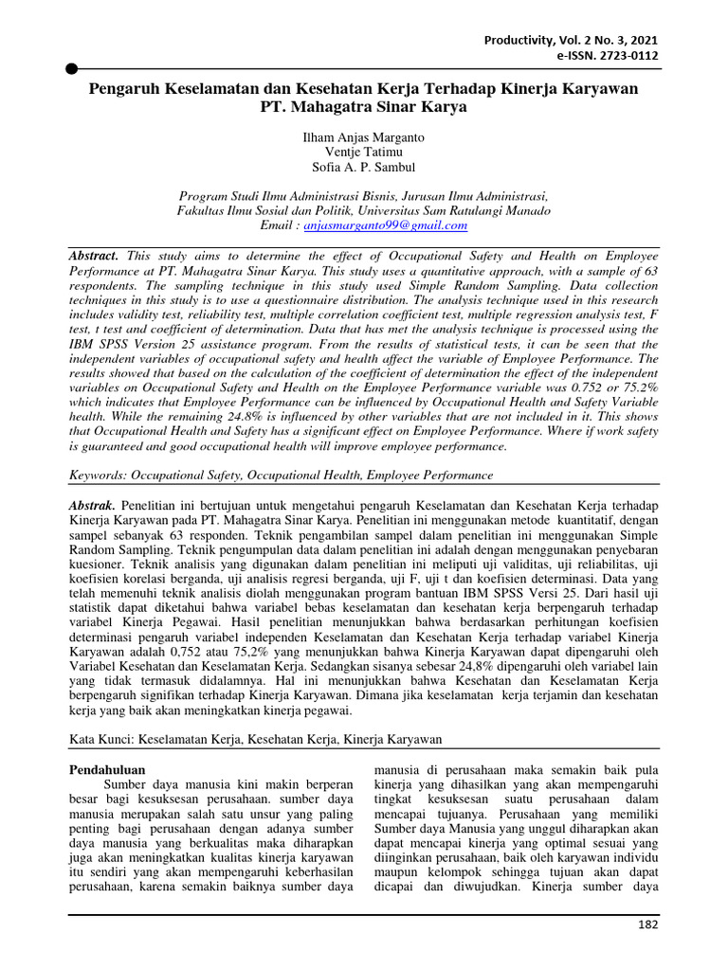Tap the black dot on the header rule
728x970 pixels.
pyautogui.click(x=71, y=68)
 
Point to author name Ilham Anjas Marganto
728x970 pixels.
pyautogui.click(x=363, y=137)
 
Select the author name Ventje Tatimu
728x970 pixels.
pyautogui.click(x=363, y=153)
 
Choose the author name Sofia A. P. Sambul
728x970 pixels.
pyautogui.click(x=363, y=170)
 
